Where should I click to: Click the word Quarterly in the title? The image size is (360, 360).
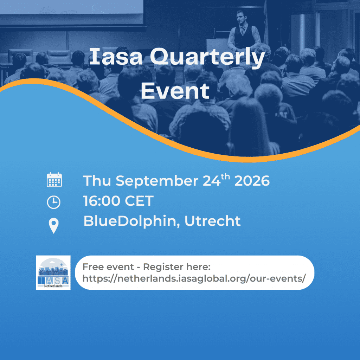(207, 58)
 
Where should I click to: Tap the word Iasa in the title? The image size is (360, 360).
(116, 56)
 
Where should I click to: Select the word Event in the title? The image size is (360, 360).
(175, 91)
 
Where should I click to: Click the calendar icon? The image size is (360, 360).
(54, 180)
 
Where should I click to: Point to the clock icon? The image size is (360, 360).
(54, 202)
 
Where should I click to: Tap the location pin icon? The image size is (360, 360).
(54, 226)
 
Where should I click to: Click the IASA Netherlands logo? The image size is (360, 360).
(53, 272)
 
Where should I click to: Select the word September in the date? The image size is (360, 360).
(157, 181)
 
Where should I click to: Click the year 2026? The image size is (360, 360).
(252, 181)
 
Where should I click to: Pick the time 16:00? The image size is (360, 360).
(102, 201)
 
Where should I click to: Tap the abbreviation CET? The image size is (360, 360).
(139, 201)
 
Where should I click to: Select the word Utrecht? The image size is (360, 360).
(213, 221)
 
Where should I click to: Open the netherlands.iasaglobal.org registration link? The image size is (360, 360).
(194, 278)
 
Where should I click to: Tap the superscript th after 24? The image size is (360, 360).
(225, 176)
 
